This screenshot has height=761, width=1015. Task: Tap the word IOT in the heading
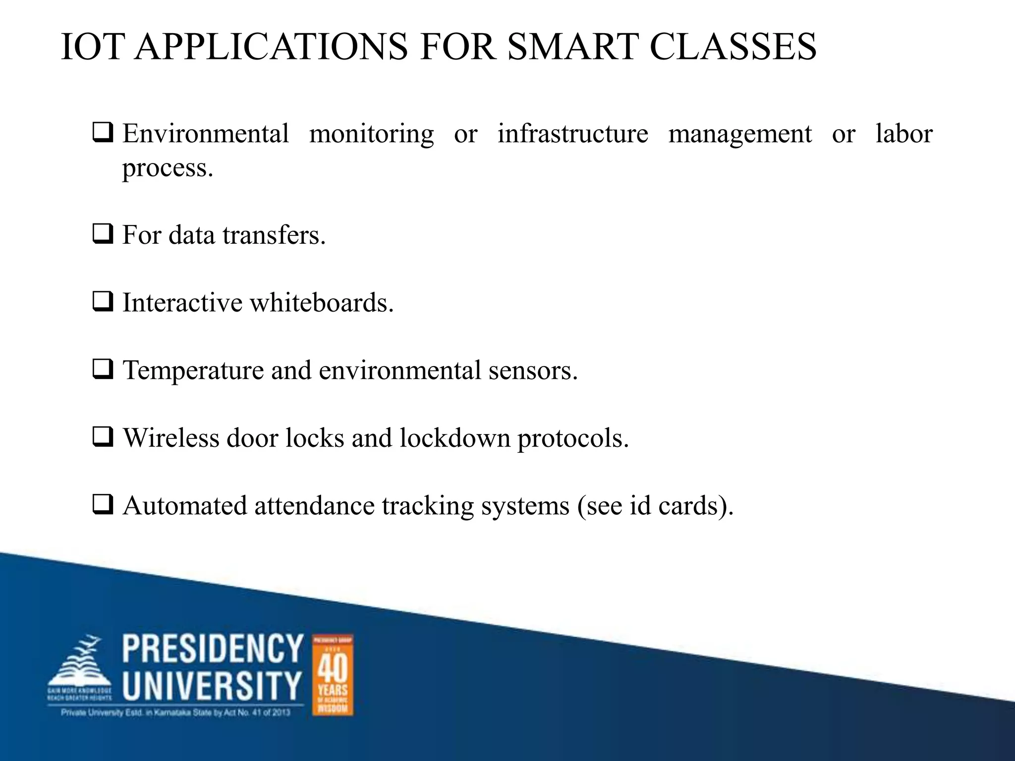(92, 47)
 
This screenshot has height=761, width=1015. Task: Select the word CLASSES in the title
(733, 47)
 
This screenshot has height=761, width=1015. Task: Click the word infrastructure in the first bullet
(572, 134)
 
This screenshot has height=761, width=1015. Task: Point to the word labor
(904, 134)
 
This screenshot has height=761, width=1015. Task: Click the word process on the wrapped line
(168, 168)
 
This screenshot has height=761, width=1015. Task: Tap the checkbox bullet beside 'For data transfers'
(103, 234)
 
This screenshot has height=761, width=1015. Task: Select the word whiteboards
(322, 303)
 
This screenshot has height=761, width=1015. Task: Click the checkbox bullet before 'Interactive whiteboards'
(103, 302)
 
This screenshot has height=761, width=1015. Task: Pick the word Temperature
(193, 371)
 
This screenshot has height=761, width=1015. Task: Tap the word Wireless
(171, 438)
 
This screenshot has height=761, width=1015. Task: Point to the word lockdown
(454, 438)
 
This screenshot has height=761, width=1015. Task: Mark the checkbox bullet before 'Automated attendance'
(103, 505)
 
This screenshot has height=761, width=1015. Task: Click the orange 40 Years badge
(333, 674)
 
